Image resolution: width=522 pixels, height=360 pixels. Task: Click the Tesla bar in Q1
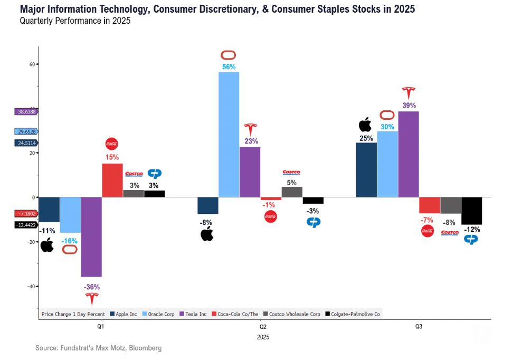(91, 236)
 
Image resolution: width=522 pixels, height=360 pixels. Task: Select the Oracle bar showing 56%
(229, 135)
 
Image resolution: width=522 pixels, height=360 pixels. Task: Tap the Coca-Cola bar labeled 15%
(112, 180)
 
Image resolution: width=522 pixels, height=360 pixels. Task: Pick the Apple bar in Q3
(366, 170)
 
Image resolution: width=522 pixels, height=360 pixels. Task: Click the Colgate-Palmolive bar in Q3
(472, 211)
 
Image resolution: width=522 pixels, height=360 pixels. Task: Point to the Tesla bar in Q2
(250, 172)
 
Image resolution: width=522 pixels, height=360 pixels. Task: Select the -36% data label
(91, 287)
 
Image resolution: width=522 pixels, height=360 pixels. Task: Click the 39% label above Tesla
(409, 105)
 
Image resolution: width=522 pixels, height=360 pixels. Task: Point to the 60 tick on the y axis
(32, 64)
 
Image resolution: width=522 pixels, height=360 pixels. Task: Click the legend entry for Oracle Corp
(159, 314)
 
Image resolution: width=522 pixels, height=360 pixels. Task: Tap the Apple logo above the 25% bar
(365, 125)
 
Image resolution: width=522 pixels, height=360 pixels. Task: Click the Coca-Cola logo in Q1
(112, 144)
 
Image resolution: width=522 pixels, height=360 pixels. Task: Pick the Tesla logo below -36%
(92, 299)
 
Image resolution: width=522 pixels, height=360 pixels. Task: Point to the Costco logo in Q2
(291, 173)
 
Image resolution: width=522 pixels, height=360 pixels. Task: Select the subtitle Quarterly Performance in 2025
(75, 21)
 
